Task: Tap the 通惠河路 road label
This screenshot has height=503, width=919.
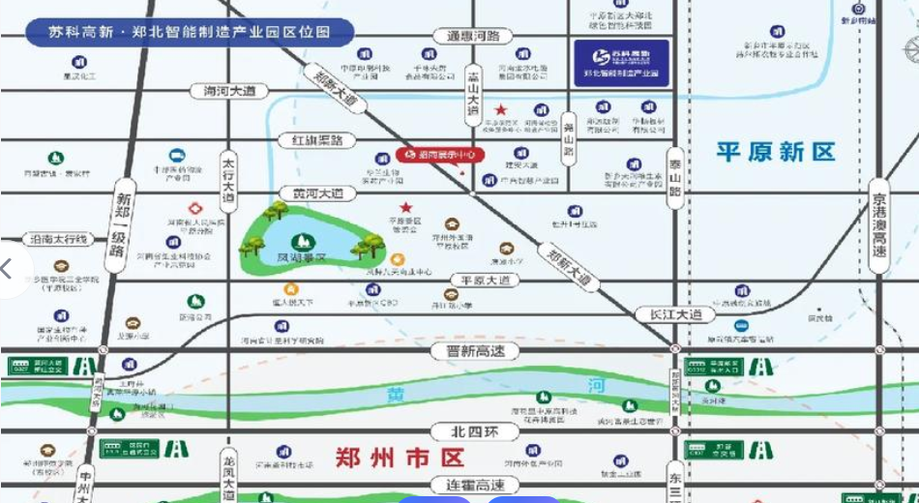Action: [473, 36]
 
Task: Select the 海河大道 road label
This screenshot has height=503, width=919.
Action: [223, 91]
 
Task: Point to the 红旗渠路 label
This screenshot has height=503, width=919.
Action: [311, 141]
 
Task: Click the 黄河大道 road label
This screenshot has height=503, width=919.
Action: [311, 193]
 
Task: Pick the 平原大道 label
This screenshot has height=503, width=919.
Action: [485, 281]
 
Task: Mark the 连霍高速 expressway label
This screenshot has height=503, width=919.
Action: [468, 485]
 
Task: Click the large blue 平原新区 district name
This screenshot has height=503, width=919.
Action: [775, 152]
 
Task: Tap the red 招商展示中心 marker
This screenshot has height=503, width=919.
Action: [439, 155]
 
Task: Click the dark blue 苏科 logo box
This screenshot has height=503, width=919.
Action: [620, 63]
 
